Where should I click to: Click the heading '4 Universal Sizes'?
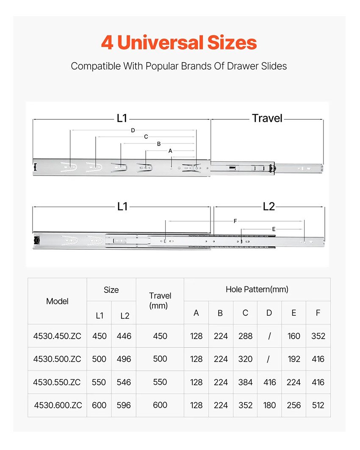pyautogui.click(x=179, y=43)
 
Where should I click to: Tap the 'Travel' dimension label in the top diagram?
pyautogui.click(x=267, y=118)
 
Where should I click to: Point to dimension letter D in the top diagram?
pyautogui.click(x=133, y=130)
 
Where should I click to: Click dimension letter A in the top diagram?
pyautogui.click(x=170, y=150)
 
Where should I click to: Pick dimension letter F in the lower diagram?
pyautogui.click(x=235, y=221)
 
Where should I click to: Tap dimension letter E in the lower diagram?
pyautogui.click(x=274, y=229)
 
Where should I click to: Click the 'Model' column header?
pyautogui.click(x=57, y=301)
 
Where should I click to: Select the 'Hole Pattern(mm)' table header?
pyautogui.click(x=257, y=290)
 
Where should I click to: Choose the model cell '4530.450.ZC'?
pyautogui.click(x=57, y=336)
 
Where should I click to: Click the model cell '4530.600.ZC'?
pyautogui.click(x=58, y=405)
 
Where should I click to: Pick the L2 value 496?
pyautogui.click(x=124, y=359)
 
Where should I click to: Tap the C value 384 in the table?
pyautogui.click(x=245, y=382)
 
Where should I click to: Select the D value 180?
pyautogui.click(x=269, y=405)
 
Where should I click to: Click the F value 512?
pyautogui.click(x=318, y=405)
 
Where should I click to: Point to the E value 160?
pyautogui.click(x=294, y=336)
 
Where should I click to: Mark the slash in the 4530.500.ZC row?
pyautogui.click(x=269, y=359)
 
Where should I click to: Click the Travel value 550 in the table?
pyautogui.click(x=160, y=382)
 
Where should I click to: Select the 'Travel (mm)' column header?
pyautogui.click(x=160, y=301)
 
